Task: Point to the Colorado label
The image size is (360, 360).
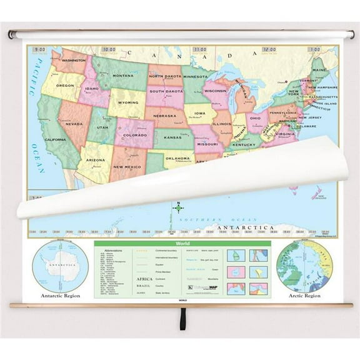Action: tap(134, 135)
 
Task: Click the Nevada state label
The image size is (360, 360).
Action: tap(74, 124)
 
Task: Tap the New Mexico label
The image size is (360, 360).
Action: tap(126, 167)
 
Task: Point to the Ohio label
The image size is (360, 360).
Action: tap(255, 117)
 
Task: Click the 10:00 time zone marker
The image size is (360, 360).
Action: tap(109, 49)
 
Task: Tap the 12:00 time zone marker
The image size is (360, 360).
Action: tap(269, 49)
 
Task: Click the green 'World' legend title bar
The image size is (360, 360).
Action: tap(182, 244)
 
